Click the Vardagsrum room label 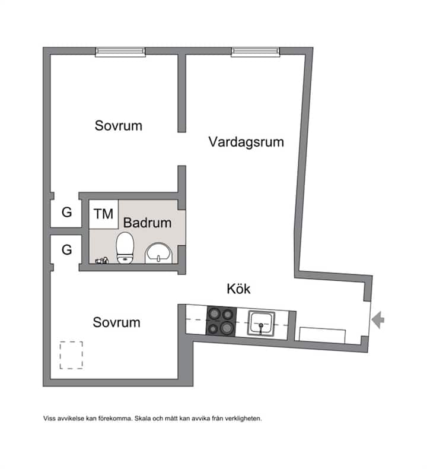pos(246,142)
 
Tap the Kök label pos(238,289)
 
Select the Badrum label pos(147,223)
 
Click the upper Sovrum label pos(119,126)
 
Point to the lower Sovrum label pos(116,322)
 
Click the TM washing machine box pos(103,214)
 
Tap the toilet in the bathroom pos(125,248)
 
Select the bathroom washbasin pos(159,253)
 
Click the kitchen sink pos(261,323)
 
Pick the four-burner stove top pos(221,321)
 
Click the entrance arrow pos(378,320)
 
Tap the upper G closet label pos(66,213)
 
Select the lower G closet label pos(66,249)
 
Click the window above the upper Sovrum pos(120,52)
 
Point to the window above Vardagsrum pos(256,52)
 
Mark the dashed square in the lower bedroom pos(71,355)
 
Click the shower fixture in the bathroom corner pos(101,261)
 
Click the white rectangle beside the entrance pos(323,335)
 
